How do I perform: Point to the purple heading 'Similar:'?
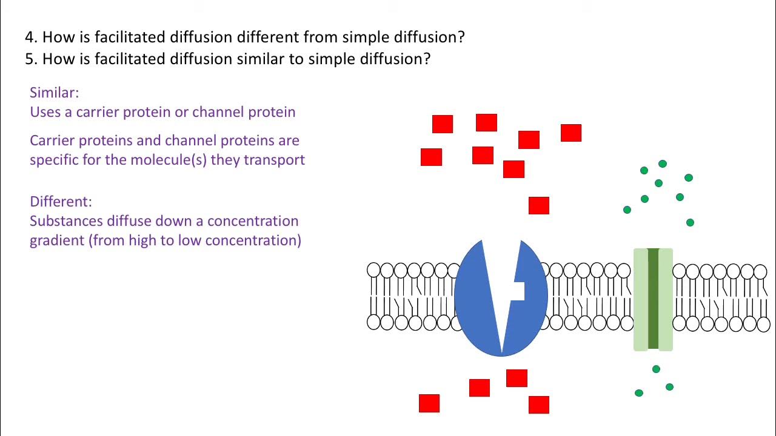[x=54, y=93]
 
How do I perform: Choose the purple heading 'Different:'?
[x=61, y=202]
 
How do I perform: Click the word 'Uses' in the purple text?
[x=43, y=112]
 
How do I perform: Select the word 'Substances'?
[x=66, y=221]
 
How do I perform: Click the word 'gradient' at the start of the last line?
[x=57, y=240]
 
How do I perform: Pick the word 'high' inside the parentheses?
[x=142, y=240]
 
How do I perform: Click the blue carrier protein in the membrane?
[x=479, y=303]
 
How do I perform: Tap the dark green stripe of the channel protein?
[x=653, y=299]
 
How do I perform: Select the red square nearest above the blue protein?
[x=539, y=206]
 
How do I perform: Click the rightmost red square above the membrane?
[x=571, y=133]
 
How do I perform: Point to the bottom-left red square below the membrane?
[x=429, y=403]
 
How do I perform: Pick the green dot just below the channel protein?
[x=656, y=369]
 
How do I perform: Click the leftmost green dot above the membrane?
[x=627, y=210]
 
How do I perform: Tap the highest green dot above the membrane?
[x=663, y=164]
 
